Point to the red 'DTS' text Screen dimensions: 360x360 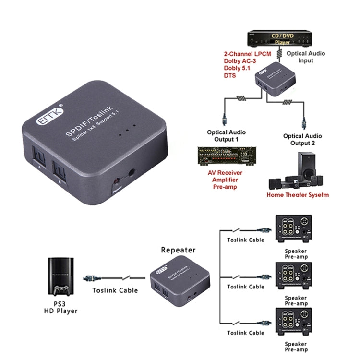pyautogui.click(x=229, y=75)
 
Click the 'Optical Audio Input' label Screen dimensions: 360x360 pyautogui.click(x=306, y=57)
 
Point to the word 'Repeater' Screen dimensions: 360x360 pyautogui.click(x=178, y=250)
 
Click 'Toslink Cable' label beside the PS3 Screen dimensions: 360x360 pyautogui.click(x=115, y=290)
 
